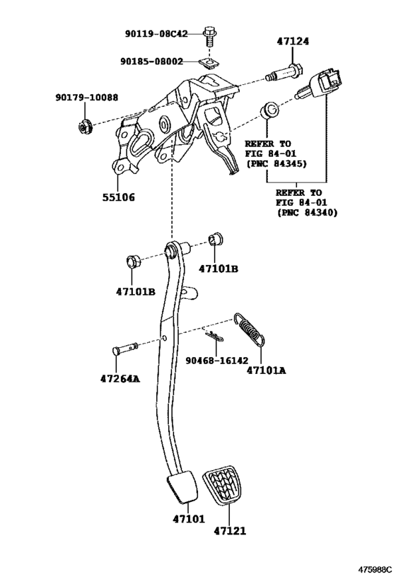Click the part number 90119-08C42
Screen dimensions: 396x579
click(156, 34)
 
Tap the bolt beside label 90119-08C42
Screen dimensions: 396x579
click(209, 37)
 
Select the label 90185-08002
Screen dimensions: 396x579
click(151, 62)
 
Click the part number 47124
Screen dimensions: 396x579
click(293, 41)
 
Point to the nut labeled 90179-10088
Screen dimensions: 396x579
click(85, 127)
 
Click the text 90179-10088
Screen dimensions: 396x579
click(87, 98)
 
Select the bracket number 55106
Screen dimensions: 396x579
click(119, 197)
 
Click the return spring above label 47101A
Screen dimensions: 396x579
click(250, 329)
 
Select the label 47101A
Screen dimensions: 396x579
click(266, 370)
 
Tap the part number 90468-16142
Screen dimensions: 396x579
click(217, 360)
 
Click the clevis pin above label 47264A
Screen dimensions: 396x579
click(124, 349)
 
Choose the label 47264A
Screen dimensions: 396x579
click(120, 378)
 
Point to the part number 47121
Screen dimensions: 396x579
click(230, 531)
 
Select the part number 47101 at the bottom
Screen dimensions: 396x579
click(188, 519)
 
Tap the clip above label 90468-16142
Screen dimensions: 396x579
click(215, 335)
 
